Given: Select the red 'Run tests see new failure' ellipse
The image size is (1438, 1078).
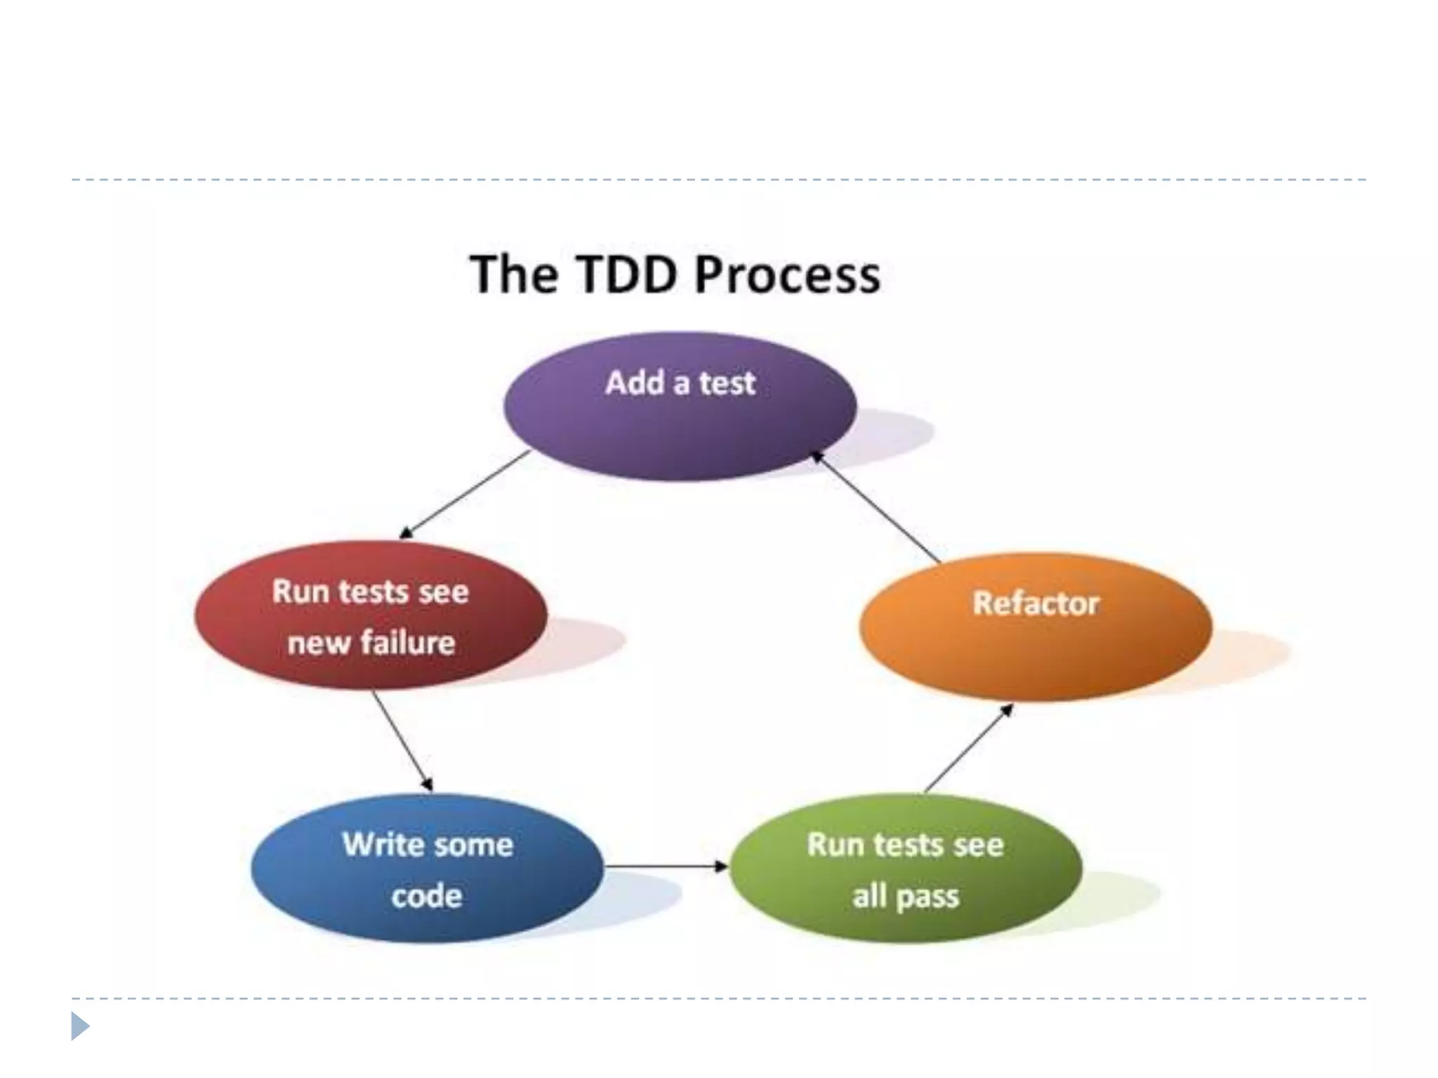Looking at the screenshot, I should [x=371, y=615].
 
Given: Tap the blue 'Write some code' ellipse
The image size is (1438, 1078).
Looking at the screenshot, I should [x=427, y=868].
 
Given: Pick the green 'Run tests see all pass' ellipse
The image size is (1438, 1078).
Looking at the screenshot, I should [x=906, y=868].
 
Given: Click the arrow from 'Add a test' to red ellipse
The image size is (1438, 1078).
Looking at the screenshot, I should [x=465, y=494].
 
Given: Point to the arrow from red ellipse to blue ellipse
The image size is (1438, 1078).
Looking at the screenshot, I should [x=402, y=741].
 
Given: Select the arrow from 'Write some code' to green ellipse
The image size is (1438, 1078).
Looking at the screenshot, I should [x=666, y=867].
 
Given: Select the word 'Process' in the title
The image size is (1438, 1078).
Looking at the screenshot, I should [x=787, y=274].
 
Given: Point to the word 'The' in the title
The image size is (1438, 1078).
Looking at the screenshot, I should [x=514, y=274].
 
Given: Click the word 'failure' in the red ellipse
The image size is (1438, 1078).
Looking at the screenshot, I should [x=407, y=643].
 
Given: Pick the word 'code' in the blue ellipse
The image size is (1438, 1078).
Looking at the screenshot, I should [x=427, y=896].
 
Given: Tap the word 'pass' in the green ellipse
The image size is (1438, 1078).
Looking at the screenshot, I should [x=928, y=897].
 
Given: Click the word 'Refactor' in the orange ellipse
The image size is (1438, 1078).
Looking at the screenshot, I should [x=1036, y=604].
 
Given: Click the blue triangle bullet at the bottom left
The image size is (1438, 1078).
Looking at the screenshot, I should [x=80, y=1026].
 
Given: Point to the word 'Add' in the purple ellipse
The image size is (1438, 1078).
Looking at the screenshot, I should [x=635, y=383].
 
